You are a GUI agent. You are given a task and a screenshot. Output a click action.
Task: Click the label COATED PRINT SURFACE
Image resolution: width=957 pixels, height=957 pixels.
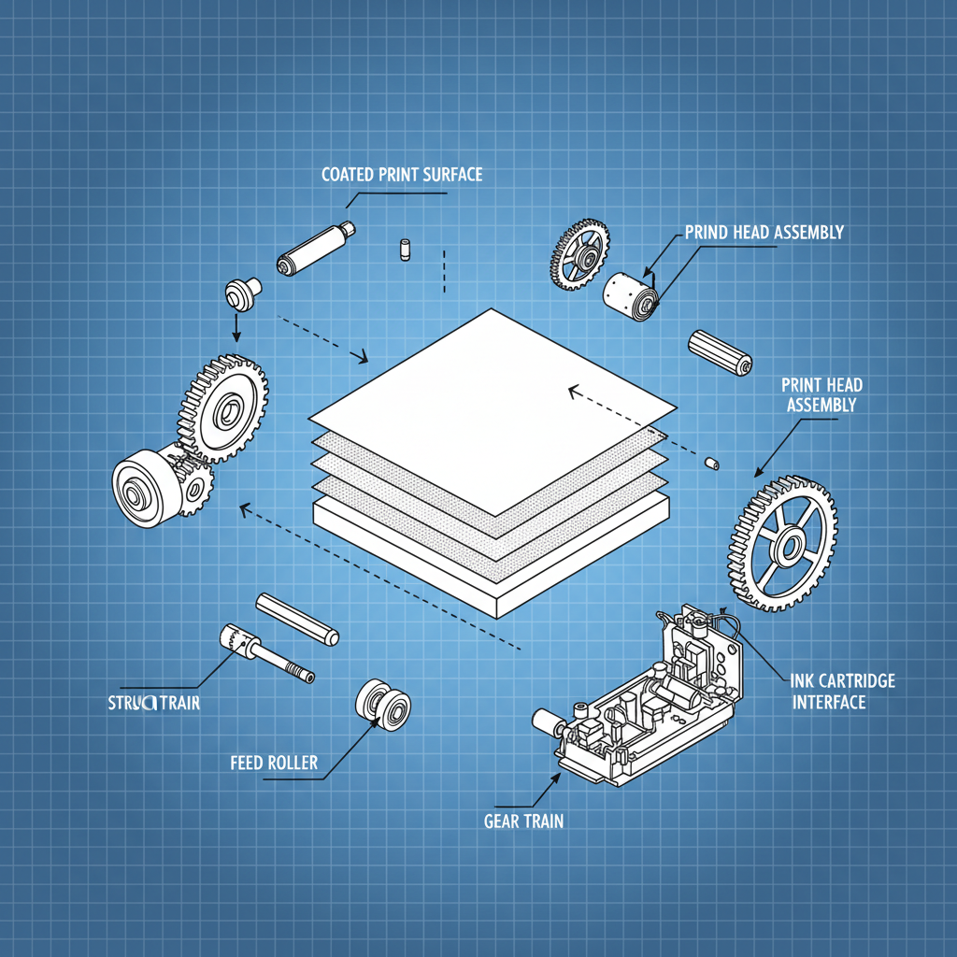tap(402, 175)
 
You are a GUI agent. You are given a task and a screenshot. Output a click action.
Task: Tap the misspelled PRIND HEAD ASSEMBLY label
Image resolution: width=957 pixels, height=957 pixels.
tap(764, 232)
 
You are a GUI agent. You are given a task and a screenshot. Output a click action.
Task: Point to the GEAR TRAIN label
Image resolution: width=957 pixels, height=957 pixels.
tap(523, 822)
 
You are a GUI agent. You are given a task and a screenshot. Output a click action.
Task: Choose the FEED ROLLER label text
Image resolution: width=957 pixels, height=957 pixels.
tap(274, 763)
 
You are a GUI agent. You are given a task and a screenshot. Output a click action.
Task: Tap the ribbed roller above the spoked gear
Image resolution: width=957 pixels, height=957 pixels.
tap(720, 352)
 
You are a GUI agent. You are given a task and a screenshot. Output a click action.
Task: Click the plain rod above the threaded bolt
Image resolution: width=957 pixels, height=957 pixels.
tap(296, 619)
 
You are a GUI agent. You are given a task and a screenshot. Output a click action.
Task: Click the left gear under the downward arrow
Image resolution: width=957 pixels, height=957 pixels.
tap(224, 406)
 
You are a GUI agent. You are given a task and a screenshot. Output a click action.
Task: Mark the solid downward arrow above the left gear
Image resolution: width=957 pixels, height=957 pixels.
tap(236, 327)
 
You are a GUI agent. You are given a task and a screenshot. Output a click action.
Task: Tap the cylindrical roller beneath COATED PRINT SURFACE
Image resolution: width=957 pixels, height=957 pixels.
tap(313, 248)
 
